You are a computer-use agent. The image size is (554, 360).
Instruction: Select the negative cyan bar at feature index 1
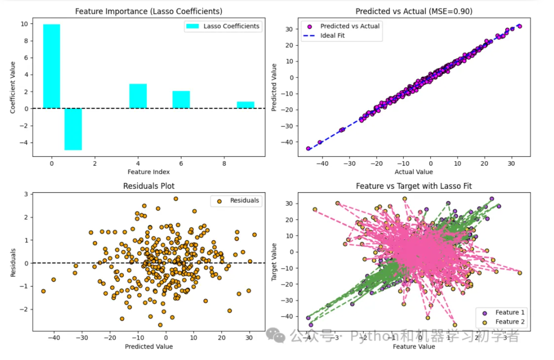(73, 129)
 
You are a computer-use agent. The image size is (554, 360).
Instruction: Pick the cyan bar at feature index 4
(138, 96)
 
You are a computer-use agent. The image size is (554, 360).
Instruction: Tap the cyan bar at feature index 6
(181, 100)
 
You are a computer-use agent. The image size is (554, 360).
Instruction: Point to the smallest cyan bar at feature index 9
(246, 105)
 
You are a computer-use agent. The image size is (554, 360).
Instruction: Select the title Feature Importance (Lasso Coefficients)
(149, 11)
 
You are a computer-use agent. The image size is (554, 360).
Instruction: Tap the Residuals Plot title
(149, 186)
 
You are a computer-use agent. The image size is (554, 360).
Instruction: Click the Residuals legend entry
(244, 200)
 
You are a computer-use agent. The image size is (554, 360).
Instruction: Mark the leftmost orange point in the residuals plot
(43, 291)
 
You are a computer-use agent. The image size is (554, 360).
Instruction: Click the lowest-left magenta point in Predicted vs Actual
(308, 149)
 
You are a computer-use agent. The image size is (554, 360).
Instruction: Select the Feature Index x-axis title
(149, 172)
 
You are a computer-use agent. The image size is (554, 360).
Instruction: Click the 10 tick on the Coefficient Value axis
(24, 24)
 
